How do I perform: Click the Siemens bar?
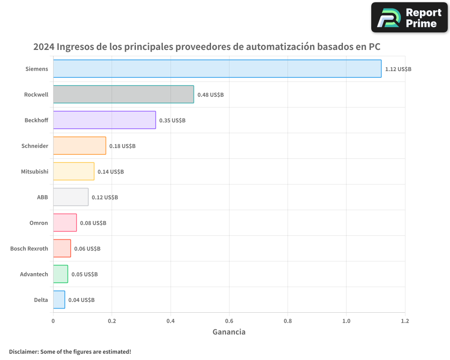[217, 69]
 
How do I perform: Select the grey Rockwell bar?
[123, 94]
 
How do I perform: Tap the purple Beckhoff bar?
[104, 120]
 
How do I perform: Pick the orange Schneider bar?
[80, 146]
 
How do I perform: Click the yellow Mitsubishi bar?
[74, 171]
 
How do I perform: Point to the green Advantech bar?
[61, 274]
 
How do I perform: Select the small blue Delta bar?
[59, 300]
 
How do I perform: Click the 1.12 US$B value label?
[398, 69]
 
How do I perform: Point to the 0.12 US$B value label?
[104, 198]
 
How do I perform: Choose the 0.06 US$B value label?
[87, 249]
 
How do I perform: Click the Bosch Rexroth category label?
[29, 249]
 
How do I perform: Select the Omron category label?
[39, 223]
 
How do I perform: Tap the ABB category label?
[42, 198]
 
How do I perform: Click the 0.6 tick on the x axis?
[229, 321]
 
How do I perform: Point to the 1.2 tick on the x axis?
[405, 321]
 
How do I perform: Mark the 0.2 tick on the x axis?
[112, 321]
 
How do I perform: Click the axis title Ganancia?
[229, 332]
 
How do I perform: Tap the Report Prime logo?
[409, 18]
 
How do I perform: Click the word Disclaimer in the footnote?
[23, 352]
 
